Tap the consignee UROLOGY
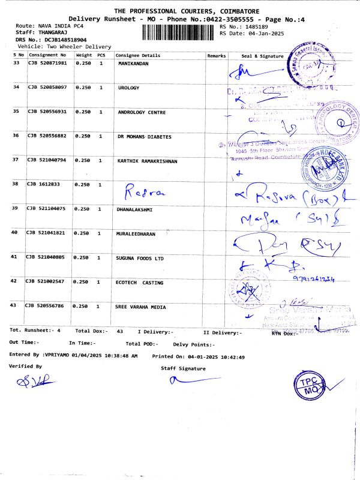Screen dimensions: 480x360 pos(129,88)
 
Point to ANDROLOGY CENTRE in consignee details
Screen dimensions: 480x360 pos(142,112)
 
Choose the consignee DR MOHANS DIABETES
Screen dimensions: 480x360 pos(145,137)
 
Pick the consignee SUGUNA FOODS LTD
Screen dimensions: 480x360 pos(140,257)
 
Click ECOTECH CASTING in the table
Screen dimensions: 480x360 pos(139,282)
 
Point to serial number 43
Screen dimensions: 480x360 pos(16,306)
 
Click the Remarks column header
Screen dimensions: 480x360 pos(216,55)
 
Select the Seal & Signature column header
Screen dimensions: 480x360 pos(262,55)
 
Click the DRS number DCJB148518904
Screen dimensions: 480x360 pos(53,39)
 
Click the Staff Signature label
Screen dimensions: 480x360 pos(183,368)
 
